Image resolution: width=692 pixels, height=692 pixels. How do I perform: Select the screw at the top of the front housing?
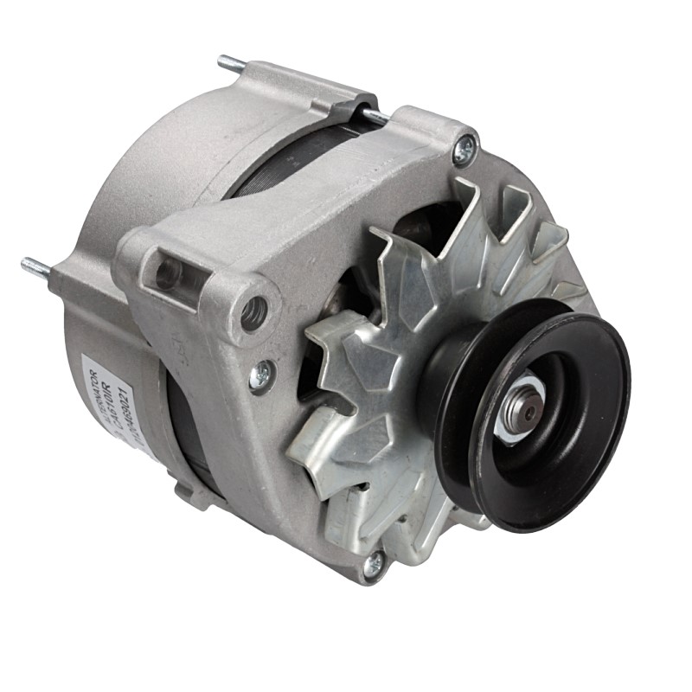(465, 151)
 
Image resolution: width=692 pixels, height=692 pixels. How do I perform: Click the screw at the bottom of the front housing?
(373, 567)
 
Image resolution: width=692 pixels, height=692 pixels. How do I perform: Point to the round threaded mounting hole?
(253, 313)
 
